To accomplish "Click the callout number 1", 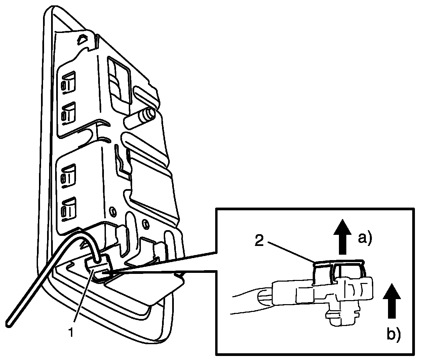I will coord(71,332).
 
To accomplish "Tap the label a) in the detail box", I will coord(365,239).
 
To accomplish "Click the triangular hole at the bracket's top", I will coord(82,39).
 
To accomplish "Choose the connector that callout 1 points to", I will coord(99,267).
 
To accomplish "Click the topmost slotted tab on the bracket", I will coord(68,82).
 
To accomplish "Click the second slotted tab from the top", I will coord(68,112).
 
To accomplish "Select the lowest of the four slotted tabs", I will coord(68,208).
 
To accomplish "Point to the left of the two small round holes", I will coord(113,211).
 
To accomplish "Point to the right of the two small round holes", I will coord(145,223).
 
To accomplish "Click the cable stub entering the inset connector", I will coord(264,296).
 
